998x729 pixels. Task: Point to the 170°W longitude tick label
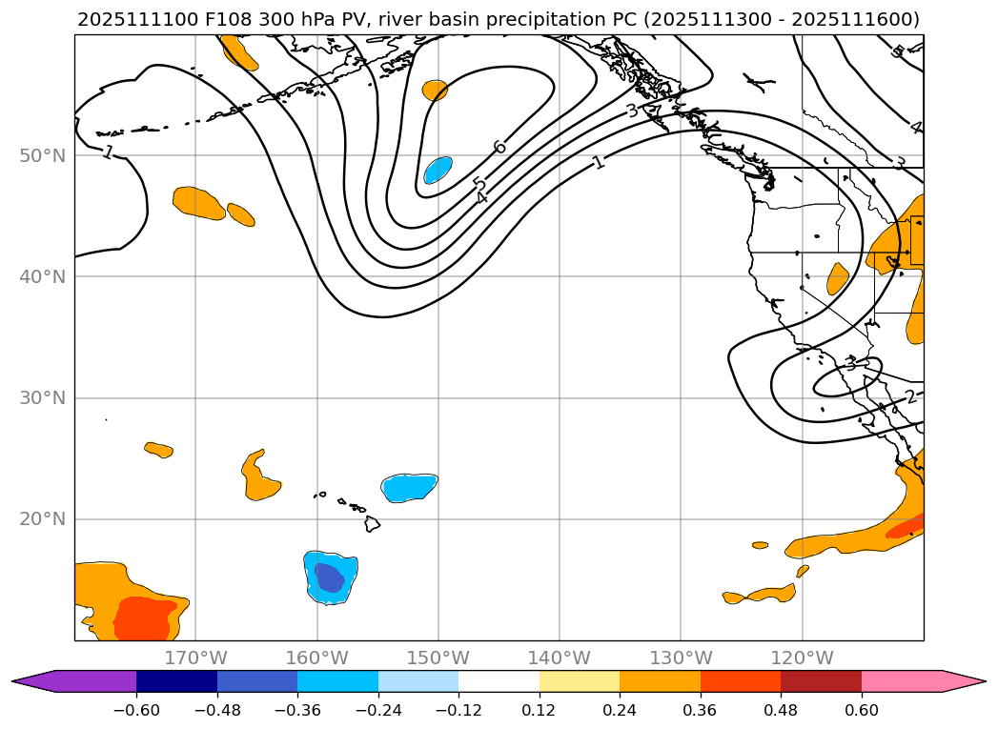(195, 658)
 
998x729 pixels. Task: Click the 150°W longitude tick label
(438, 658)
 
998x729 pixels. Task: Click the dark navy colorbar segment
(176, 680)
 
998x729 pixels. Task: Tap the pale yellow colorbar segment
(580, 680)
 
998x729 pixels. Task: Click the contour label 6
(499, 147)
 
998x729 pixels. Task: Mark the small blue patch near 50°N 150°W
(438, 170)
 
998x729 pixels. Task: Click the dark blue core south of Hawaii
(329, 577)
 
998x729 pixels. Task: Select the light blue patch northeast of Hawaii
(409, 487)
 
